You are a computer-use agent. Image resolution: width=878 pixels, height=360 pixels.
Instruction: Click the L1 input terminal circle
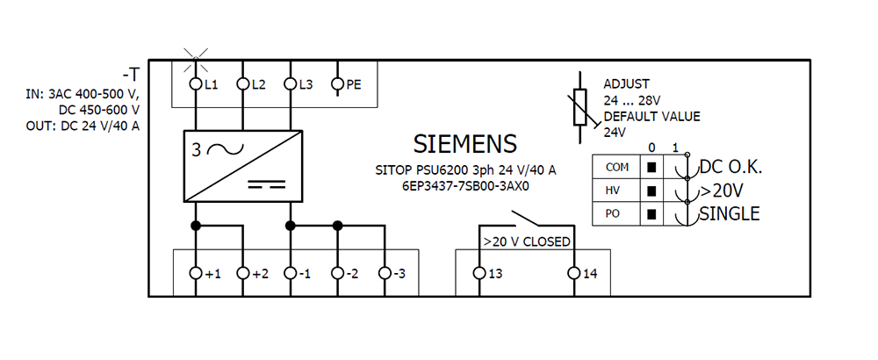pos(196,84)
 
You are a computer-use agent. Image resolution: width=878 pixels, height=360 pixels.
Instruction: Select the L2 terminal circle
pos(242,84)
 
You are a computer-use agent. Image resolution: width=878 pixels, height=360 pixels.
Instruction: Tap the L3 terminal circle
pos(290,84)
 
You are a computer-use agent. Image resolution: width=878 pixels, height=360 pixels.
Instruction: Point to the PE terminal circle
pos(337,84)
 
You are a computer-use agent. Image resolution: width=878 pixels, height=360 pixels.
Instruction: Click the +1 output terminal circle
pos(196,273)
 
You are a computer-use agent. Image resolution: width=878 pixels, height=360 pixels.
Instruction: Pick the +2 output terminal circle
pos(242,273)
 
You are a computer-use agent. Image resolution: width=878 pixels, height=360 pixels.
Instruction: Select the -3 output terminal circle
pos(385,273)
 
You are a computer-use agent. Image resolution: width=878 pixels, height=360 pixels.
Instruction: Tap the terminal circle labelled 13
pos(479,273)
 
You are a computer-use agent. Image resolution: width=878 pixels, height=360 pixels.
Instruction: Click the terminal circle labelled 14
pos(574,273)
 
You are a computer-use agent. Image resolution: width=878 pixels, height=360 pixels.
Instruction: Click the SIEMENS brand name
pos(464,144)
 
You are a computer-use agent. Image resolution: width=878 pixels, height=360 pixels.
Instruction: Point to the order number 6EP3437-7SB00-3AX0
pos(465,186)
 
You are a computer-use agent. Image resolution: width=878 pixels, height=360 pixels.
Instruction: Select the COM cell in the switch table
pos(616,167)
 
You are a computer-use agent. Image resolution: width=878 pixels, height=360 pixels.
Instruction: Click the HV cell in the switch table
pos(616,191)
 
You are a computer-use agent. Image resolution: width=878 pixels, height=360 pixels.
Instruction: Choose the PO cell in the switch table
pos(616,214)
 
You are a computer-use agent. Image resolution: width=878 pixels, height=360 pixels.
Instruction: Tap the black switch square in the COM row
pos(651,168)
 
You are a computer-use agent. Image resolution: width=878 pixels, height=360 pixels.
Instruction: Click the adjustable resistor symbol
pos(580,106)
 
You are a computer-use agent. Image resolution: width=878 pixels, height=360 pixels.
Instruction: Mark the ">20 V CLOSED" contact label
pos(526,241)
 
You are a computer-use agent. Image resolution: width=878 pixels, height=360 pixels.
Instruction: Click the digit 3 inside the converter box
pos(196,150)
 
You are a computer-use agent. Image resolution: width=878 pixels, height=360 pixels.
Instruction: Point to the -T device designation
pos(131,75)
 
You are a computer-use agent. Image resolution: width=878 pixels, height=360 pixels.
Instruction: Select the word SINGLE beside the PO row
pos(729,214)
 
